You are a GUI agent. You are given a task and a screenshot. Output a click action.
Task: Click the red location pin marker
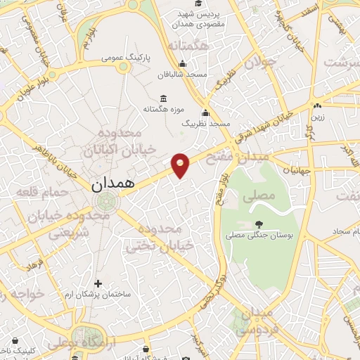click(x=181, y=165)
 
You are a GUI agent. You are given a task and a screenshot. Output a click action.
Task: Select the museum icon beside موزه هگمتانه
click(x=164, y=98)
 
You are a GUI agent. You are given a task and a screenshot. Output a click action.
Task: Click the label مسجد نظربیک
click(x=206, y=123)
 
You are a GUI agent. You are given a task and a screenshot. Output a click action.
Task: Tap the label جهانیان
click(x=297, y=169)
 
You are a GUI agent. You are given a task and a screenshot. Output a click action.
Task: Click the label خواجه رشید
click(x=21, y=294)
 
